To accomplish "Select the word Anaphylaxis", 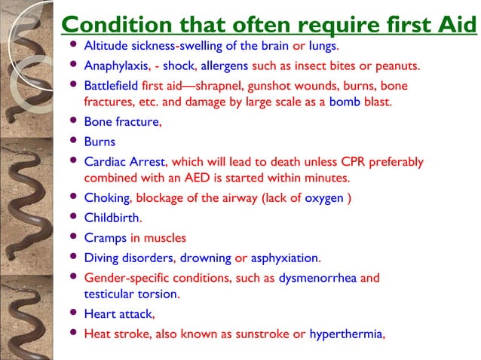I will (113, 66).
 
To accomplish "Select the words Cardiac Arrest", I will (127, 161).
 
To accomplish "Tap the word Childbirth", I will (112, 218).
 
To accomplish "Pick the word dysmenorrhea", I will (318, 278).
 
